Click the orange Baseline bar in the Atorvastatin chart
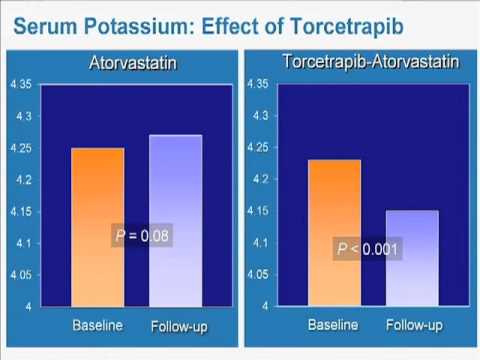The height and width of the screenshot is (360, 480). point(97,226)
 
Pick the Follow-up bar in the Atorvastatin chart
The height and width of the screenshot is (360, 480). point(175,220)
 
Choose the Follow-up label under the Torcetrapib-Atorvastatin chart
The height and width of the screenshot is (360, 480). point(414,325)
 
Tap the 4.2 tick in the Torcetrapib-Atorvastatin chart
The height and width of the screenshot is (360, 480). point(260,180)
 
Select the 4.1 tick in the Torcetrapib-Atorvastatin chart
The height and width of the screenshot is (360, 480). point(260,243)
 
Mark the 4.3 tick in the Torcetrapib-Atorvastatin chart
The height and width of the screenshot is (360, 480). point(260,117)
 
